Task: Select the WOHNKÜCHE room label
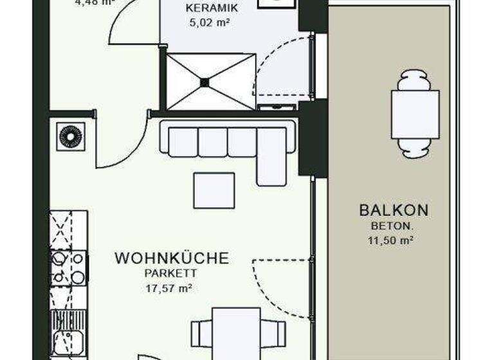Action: [171, 258]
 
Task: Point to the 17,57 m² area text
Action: [170, 289]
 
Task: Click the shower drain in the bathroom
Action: [205, 82]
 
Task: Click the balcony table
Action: [415, 114]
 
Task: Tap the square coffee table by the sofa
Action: [214, 190]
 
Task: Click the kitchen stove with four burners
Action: [69, 267]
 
